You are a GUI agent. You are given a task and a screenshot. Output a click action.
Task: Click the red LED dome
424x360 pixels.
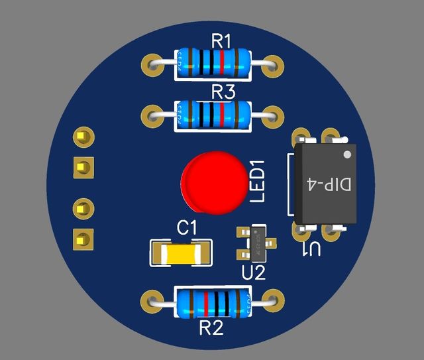coord(213,184)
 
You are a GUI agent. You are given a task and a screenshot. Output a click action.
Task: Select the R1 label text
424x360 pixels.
coord(222,41)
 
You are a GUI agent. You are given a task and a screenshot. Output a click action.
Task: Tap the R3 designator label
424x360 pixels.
coord(223,91)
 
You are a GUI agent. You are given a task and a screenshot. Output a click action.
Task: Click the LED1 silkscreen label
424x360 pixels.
coord(256,180)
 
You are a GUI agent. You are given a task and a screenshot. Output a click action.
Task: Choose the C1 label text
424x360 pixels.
coord(187,227)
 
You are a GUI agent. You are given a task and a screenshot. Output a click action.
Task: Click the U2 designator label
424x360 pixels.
coord(253,272)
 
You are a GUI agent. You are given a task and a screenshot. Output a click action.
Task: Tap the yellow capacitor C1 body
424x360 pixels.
coord(180,252)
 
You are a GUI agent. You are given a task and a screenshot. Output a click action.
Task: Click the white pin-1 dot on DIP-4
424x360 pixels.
coord(348,154)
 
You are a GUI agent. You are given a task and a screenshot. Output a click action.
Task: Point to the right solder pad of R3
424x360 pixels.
coord(273,115)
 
